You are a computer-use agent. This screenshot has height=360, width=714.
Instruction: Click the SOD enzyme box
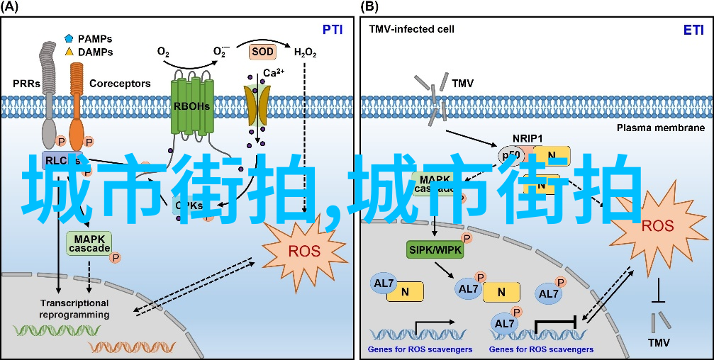[x=262, y=52]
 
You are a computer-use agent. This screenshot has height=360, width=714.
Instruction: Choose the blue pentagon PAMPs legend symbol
[x=69, y=38]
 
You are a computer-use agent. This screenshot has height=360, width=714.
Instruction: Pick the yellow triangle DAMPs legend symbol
[x=69, y=52]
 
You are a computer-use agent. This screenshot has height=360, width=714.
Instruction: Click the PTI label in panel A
[x=333, y=30]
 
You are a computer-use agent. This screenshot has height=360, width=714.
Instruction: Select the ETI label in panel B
[x=693, y=30]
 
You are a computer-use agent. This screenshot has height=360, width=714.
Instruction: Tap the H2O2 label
[x=305, y=52]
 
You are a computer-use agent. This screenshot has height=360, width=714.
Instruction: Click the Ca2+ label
[x=274, y=73]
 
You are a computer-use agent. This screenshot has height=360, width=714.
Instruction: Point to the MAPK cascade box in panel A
[x=89, y=243]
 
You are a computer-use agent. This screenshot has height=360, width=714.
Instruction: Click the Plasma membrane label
[x=660, y=128]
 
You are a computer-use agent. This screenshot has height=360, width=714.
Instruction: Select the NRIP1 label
[x=527, y=138]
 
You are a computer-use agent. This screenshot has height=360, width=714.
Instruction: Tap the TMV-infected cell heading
[x=411, y=30]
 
